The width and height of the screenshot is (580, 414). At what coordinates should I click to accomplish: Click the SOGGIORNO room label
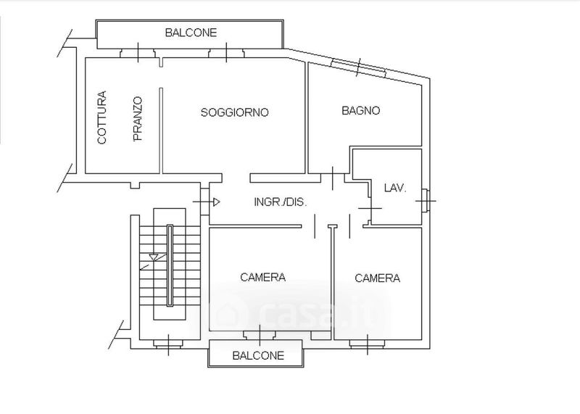pyautogui.click(x=234, y=112)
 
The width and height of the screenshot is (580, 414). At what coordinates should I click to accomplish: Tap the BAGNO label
pyautogui.click(x=360, y=111)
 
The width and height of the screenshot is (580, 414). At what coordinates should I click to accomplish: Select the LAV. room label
pyautogui.click(x=395, y=188)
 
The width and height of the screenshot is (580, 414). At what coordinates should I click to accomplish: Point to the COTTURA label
pyautogui.click(x=102, y=117)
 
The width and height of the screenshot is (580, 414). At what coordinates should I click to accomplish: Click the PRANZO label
pyautogui.click(x=138, y=118)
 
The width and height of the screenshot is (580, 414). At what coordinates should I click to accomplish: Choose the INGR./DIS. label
pyautogui.click(x=280, y=202)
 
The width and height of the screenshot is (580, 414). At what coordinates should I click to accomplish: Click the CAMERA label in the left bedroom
pyautogui.click(x=262, y=277)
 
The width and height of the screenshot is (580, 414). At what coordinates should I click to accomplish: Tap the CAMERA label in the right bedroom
pyautogui.click(x=377, y=278)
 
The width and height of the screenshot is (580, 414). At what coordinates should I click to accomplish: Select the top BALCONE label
pyautogui.click(x=191, y=33)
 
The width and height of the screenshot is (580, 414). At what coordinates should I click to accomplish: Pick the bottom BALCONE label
pyautogui.click(x=258, y=356)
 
